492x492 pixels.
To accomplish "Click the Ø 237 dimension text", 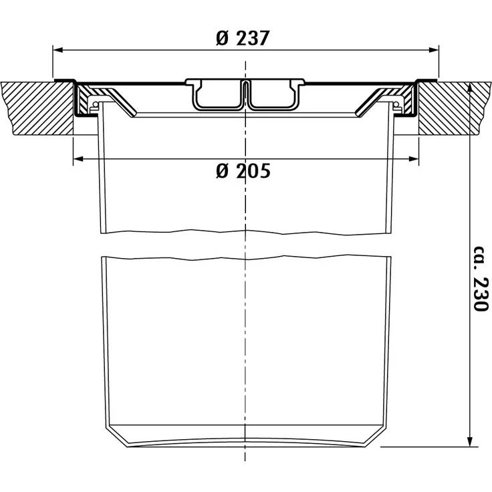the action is (x=243, y=38).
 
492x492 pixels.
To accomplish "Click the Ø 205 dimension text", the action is (x=243, y=171).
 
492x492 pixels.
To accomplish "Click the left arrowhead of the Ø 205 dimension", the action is (x=78, y=159).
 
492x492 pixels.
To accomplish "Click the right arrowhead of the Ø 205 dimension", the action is (x=413, y=159).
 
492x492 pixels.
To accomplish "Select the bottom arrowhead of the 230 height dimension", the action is (x=470, y=441).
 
